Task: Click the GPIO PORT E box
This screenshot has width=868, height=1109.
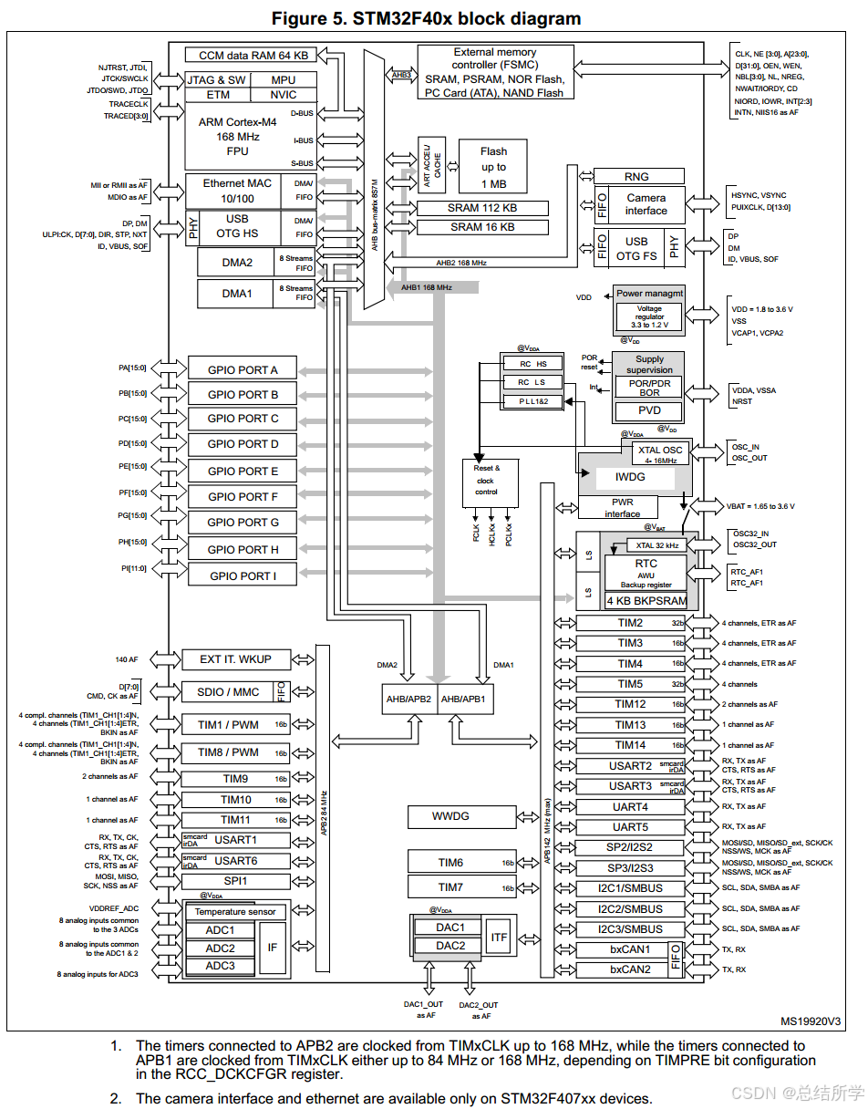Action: [243, 472]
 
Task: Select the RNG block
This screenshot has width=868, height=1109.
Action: [637, 177]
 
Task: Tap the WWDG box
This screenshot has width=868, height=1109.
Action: [450, 816]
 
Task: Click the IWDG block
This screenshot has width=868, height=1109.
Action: [630, 476]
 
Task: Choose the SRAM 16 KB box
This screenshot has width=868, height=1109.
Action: [481, 227]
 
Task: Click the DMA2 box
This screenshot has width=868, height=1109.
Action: [237, 263]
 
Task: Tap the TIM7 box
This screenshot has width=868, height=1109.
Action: [450, 886]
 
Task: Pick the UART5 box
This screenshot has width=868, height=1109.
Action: [630, 827]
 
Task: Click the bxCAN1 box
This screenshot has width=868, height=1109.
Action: [631, 949]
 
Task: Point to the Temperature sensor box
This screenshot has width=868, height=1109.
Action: [235, 912]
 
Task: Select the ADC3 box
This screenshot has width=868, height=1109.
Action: [220, 966]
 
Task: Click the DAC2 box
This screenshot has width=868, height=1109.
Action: [450, 946]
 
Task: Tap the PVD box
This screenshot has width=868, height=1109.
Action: [649, 410]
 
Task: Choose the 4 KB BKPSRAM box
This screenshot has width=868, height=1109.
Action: [647, 601]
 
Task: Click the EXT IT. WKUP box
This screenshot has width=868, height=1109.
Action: [235, 659]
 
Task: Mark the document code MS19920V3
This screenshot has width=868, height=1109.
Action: [811, 1021]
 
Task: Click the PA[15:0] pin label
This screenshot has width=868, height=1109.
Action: [132, 368]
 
